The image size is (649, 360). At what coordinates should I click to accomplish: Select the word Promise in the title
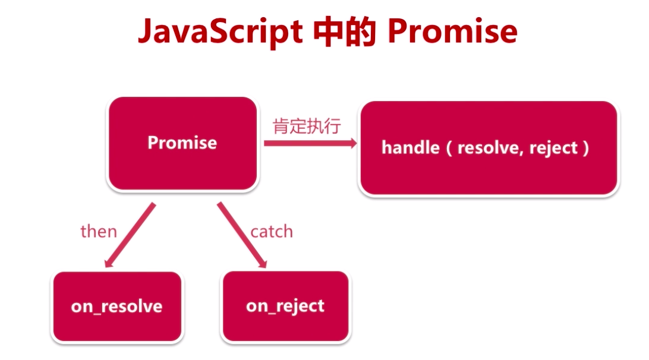452,32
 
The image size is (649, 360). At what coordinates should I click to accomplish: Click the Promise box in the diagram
182,143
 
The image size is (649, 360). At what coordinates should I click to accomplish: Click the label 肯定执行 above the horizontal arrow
307,127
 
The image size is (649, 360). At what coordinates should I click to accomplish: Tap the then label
99,230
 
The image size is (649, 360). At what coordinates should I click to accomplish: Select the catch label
272,230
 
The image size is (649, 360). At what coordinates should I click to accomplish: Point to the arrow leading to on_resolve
130,234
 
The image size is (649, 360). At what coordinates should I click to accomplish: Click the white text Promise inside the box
182,143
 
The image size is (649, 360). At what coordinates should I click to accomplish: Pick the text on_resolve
116,307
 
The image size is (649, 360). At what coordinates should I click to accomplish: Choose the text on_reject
285,306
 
